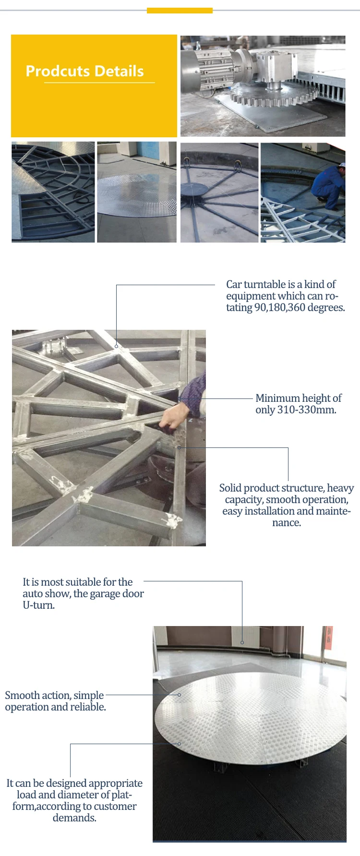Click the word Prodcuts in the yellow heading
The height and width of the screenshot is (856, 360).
click(58, 71)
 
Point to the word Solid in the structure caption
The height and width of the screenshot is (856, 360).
click(230, 488)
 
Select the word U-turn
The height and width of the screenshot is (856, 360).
click(39, 605)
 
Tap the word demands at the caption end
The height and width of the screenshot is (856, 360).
click(74, 818)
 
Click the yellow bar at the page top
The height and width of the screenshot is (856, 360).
click(180, 11)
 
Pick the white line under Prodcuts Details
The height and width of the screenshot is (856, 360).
click(99, 83)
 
